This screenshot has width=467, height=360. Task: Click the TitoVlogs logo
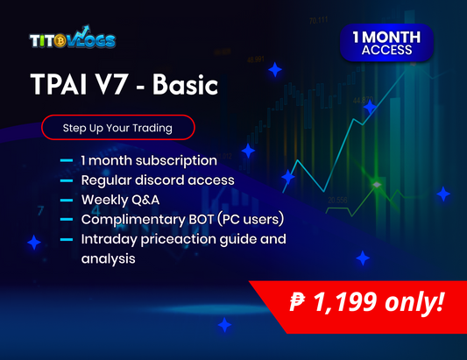(72, 40)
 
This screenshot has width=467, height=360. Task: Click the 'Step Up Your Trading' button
(117, 128)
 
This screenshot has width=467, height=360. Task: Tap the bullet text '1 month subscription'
(148, 160)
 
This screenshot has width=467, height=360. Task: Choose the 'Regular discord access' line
(157, 180)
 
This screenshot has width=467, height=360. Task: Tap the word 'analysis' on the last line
(107, 258)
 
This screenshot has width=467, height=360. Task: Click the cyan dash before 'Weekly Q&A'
(67, 201)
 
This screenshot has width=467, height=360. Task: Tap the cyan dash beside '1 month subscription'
(67, 161)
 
